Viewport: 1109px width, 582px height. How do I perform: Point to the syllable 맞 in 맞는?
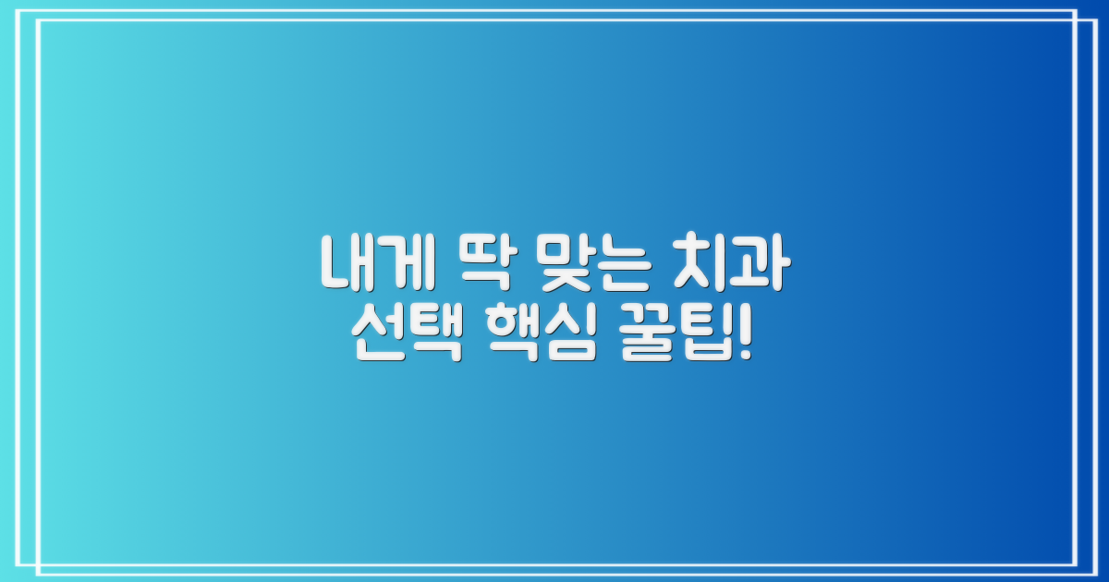(566, 262)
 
